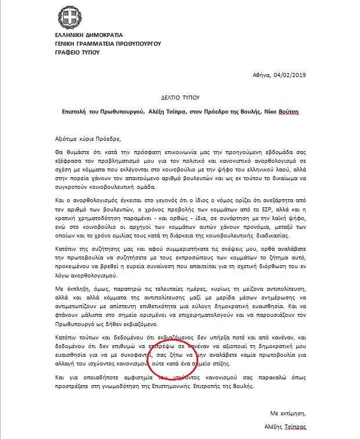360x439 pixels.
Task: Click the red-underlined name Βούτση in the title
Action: click(288, 112)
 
